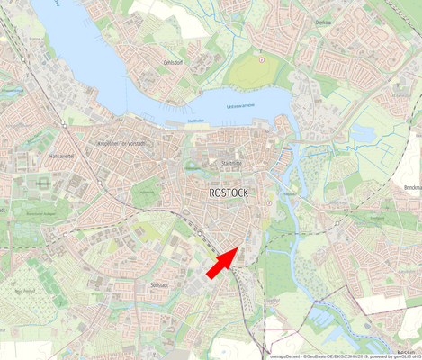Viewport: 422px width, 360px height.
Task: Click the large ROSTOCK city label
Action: [x=228, y=193]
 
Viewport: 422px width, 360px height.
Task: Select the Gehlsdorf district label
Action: [x=174, y=63]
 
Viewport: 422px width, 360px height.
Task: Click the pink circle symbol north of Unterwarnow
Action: [x=262, y=60]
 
